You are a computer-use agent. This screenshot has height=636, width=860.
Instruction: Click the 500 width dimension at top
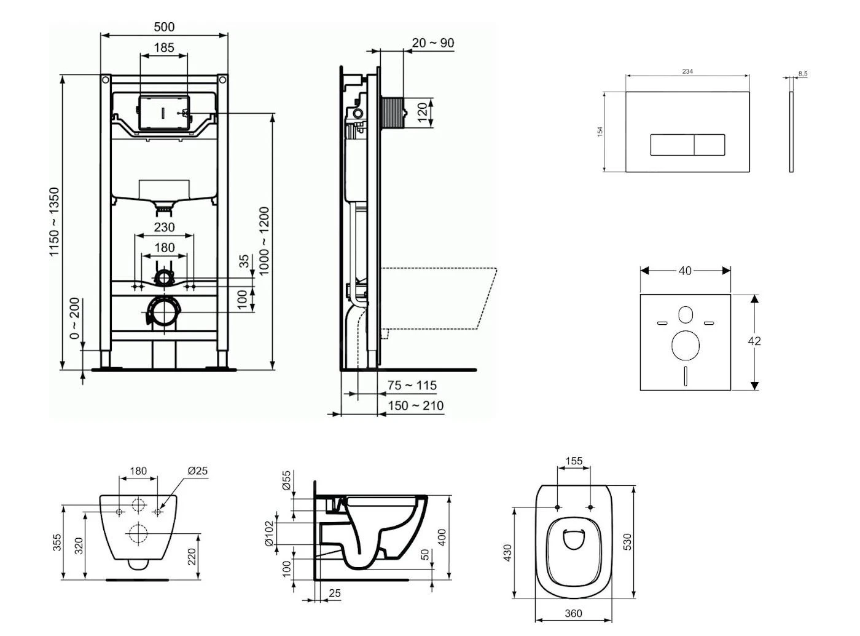pos(164,26)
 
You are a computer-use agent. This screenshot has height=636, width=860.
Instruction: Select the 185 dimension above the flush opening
pos(164,47)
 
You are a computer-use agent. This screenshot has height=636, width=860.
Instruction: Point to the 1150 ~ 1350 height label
pos(55,221)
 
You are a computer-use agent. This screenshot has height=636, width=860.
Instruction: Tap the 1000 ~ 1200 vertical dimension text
pos(264,240)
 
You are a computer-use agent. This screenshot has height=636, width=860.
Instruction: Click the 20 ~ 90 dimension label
pos(433,42)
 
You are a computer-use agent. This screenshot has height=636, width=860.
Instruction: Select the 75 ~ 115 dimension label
pos(412,385)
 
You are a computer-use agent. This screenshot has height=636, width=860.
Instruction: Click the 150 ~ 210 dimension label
pos(416,405)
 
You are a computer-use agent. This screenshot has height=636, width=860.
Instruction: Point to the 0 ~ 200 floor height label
pos(75,318)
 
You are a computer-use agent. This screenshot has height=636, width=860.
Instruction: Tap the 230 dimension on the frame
pos(164,227)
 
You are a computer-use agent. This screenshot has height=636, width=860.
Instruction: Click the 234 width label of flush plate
pos(687,71)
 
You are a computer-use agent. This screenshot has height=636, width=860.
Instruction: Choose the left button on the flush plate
pos(672,145)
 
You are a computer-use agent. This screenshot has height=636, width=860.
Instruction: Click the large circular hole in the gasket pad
pos(686,346)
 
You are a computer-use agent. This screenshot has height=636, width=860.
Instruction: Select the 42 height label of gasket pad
pos(754,341)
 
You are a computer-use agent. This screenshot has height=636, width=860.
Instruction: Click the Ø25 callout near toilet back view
pos(197,471)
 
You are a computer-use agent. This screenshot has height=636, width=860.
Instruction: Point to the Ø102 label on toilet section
pos(268,534)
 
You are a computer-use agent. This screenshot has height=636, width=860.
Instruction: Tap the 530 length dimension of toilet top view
pos(627,542)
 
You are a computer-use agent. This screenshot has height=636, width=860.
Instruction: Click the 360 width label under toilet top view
pos(573,613)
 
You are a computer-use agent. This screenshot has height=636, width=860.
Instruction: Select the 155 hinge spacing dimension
pos(574,461)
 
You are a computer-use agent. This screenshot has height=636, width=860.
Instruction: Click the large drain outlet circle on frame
pos(164,312)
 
